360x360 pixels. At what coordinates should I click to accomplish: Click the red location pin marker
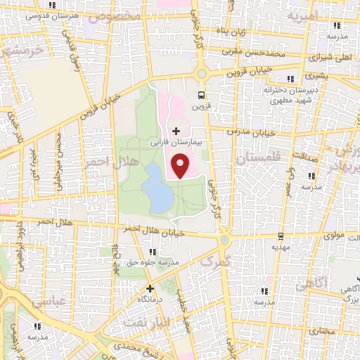181,167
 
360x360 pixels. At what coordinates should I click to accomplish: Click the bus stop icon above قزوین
202,95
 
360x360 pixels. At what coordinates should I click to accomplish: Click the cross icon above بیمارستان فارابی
176,131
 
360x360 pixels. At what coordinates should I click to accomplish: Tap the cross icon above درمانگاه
149,288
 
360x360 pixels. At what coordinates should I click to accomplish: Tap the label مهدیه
280,247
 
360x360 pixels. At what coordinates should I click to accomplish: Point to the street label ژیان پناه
250,32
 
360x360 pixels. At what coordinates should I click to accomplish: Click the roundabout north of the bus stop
202,73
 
